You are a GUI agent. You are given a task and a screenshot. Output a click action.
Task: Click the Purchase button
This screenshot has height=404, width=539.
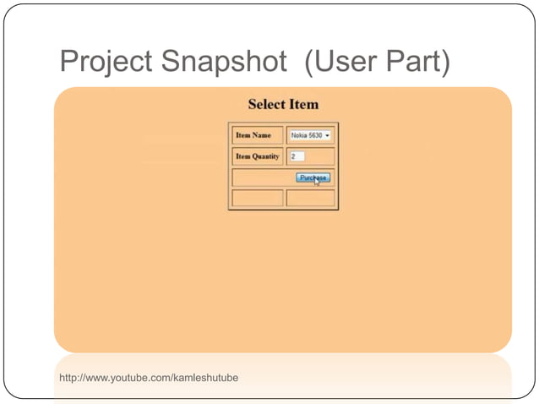[x=312, y=177]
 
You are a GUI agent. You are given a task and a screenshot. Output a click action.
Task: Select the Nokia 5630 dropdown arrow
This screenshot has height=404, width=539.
[x=327, y=135]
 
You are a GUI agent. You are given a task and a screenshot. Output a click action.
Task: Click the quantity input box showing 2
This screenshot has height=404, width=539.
[x=297, y=156]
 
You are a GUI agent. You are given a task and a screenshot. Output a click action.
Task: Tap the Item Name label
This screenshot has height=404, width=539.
[x=253, y=135]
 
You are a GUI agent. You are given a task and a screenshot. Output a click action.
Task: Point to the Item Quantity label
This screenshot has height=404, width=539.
[x=257, y=156]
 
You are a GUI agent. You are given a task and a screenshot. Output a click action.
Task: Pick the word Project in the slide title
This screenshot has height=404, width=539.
[x=107, y=62]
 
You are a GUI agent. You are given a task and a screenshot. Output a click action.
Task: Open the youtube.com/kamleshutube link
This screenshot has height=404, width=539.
[x=149, y=377]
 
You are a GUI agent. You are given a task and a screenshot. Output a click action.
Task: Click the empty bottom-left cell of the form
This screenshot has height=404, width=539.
[x=257, y=198]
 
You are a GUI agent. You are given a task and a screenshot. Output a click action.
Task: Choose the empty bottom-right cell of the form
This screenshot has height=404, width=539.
[x=311, y=198]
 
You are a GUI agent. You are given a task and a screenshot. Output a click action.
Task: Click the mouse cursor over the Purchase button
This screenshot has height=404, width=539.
[x=317, y=182]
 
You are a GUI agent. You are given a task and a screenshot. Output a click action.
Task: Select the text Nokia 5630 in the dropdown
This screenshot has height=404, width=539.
[x=306, y=135]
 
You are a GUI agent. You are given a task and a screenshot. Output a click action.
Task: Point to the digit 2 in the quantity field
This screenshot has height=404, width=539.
[x=293, y=156]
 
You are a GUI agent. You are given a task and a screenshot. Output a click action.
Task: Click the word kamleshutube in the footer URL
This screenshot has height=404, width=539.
[x=207, y=377]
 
